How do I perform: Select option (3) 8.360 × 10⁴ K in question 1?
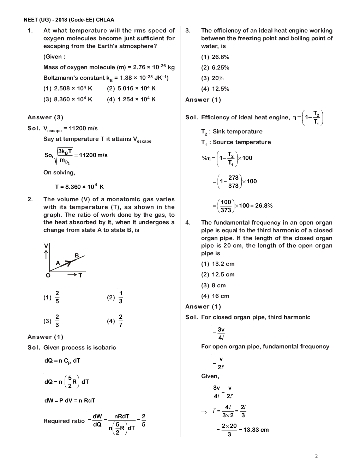point(68,99)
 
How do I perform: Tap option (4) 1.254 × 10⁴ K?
point(131,99)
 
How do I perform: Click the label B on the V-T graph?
point(77,255)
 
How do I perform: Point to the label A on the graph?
point(58,263)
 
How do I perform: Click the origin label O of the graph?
point(48,275)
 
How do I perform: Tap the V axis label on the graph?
point(46,246)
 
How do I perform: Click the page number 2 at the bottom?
point(316,456)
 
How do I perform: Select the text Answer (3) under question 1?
point(46,117)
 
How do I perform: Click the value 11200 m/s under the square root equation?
point(93,155)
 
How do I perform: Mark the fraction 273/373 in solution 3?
point(233,181)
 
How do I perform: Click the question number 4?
point(188,222)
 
